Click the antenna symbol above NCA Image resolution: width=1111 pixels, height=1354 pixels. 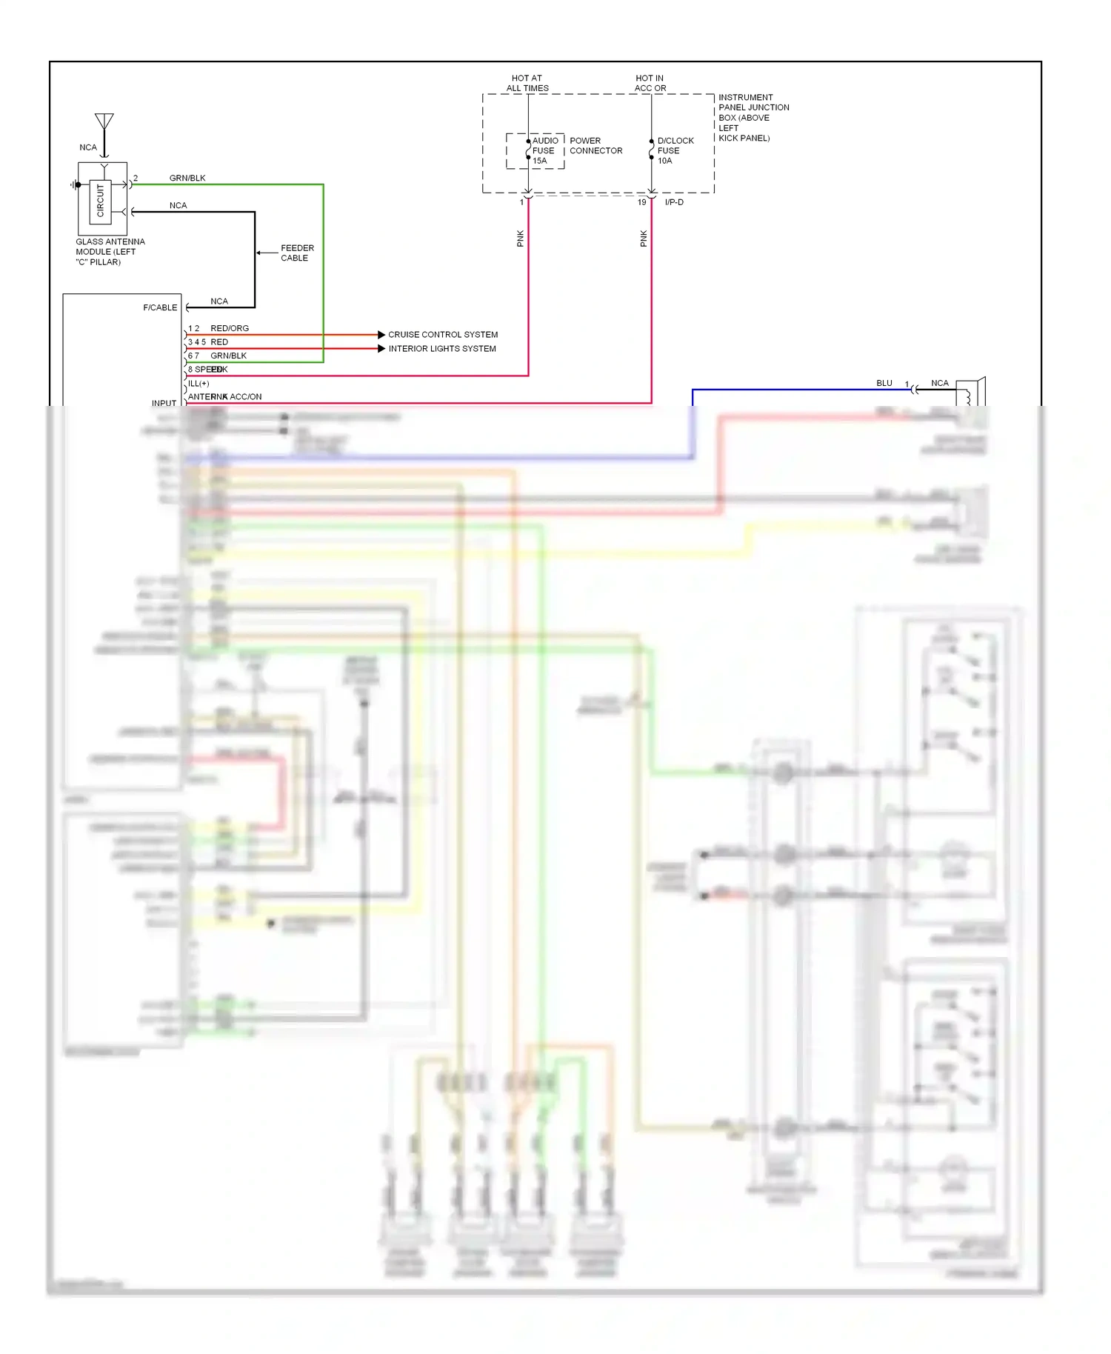click(x=104, y=122)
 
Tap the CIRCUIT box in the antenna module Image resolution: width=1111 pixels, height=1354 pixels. click(x=101, y=201)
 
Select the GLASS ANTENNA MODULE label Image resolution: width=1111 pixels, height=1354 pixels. click(x=110, y=252)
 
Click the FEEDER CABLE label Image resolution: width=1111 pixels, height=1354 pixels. click(x=297, y=253)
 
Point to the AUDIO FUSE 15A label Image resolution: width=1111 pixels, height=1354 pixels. click(x=544, y=150)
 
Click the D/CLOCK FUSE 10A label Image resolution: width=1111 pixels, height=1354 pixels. click(x=674, y=150)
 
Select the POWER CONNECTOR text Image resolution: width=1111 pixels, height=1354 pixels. click(x=595, y=145)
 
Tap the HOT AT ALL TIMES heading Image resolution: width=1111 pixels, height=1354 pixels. click(x=527, y=83)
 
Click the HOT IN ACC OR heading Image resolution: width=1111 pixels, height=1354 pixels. click(x=650, y=83)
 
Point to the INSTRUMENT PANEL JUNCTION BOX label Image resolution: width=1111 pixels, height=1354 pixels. click(x=753, y=117)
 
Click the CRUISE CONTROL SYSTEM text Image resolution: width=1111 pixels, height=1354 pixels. click(x=443, y=335)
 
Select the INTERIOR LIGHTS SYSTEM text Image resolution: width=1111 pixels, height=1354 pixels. click(x=442, y=349)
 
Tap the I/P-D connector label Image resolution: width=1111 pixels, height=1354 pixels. click(x=674, y=202)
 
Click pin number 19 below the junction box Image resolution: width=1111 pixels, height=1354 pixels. click(x=642, y=202)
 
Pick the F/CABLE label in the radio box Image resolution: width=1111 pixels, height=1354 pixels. click(x=160, y=307)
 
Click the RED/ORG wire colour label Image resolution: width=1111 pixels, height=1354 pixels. click(x=230, y=328)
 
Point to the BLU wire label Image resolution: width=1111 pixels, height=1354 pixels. click(x=884, y=383)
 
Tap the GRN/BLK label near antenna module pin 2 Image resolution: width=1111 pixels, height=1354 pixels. click(x=187, y=178)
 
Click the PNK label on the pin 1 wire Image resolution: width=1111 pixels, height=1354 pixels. click(x=520, y=239)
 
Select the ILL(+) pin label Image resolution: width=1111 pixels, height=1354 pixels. click(x=198, y=384)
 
